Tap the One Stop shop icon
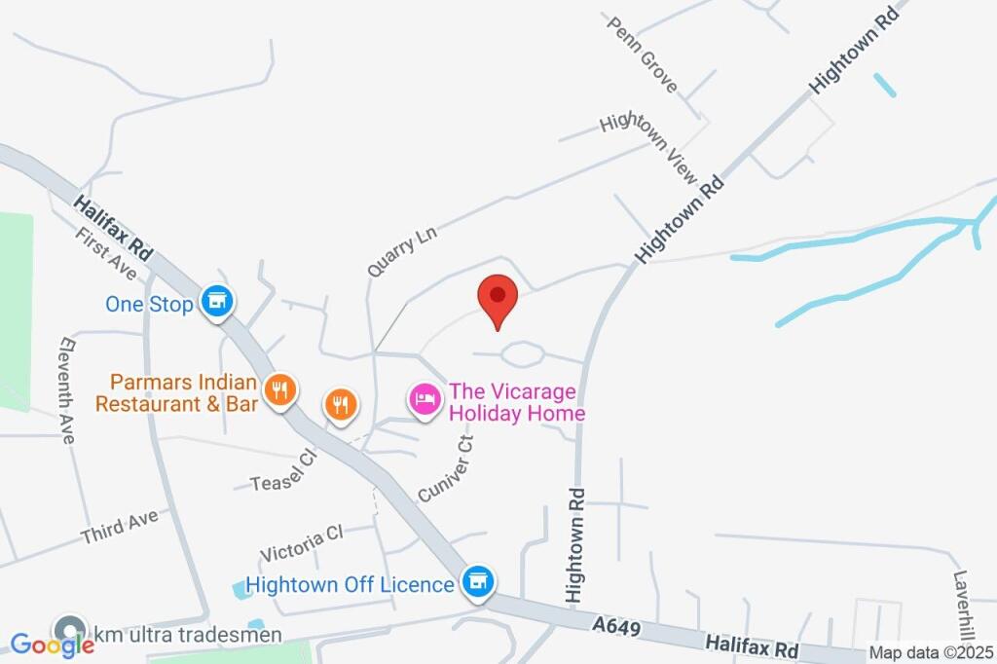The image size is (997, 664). pyautogui.click(x=216, y=303)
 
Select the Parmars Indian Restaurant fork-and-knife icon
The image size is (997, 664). pyautogui.click(x=279, y=391)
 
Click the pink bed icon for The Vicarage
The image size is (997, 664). pyautogui.click(x=425, y=398)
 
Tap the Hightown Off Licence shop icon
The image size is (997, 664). pyautogui.click(x=477, y=583)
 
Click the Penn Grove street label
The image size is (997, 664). pyautogui.click(x=644, y=55)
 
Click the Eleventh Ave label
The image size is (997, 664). pyautogui.click(x=67, y=390)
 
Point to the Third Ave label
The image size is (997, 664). pyautogui.click(x=120, y=527)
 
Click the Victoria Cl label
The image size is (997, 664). pyautogui.click(x=302, y=543)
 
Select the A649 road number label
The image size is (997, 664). pyautogui.click(x=615, y=628)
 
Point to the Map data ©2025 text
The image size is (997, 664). pyautogui.click(x=930, y=654)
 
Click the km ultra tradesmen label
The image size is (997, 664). pyautogui.click(x=186, y=635)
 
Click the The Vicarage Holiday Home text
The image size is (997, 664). pyautogui.click(x=516, y=403)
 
